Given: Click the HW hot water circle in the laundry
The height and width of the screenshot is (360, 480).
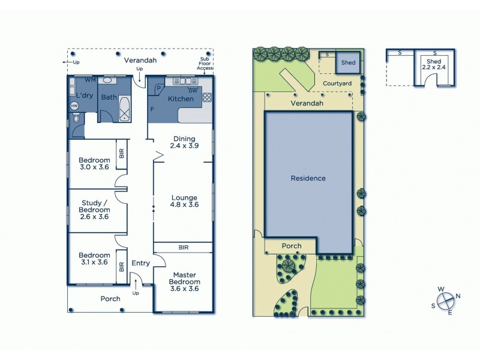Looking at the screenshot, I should (74, 106).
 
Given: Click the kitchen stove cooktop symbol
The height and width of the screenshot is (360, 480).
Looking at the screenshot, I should (207, 97).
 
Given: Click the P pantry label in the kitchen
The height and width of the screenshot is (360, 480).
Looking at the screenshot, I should (157, 87).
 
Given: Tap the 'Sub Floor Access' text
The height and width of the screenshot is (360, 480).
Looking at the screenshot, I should (205, 64).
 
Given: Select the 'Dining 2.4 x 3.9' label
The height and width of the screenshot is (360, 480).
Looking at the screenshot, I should (184, 142).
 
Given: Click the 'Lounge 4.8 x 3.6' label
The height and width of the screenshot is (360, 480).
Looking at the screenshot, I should (184, 201).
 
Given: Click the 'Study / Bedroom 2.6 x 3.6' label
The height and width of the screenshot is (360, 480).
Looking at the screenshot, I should (95, 210).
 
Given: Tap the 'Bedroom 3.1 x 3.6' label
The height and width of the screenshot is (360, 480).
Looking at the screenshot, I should (94, 259).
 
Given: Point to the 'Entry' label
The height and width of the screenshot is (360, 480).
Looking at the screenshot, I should (140, 263).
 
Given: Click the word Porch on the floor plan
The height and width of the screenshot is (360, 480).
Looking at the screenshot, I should (110, 298).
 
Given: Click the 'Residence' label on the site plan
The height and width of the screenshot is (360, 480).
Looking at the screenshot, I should (308, 178).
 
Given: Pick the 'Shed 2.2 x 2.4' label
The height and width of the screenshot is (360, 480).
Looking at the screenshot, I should (433, 64).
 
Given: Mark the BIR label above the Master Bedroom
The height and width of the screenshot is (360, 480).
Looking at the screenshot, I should (184, 247).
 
